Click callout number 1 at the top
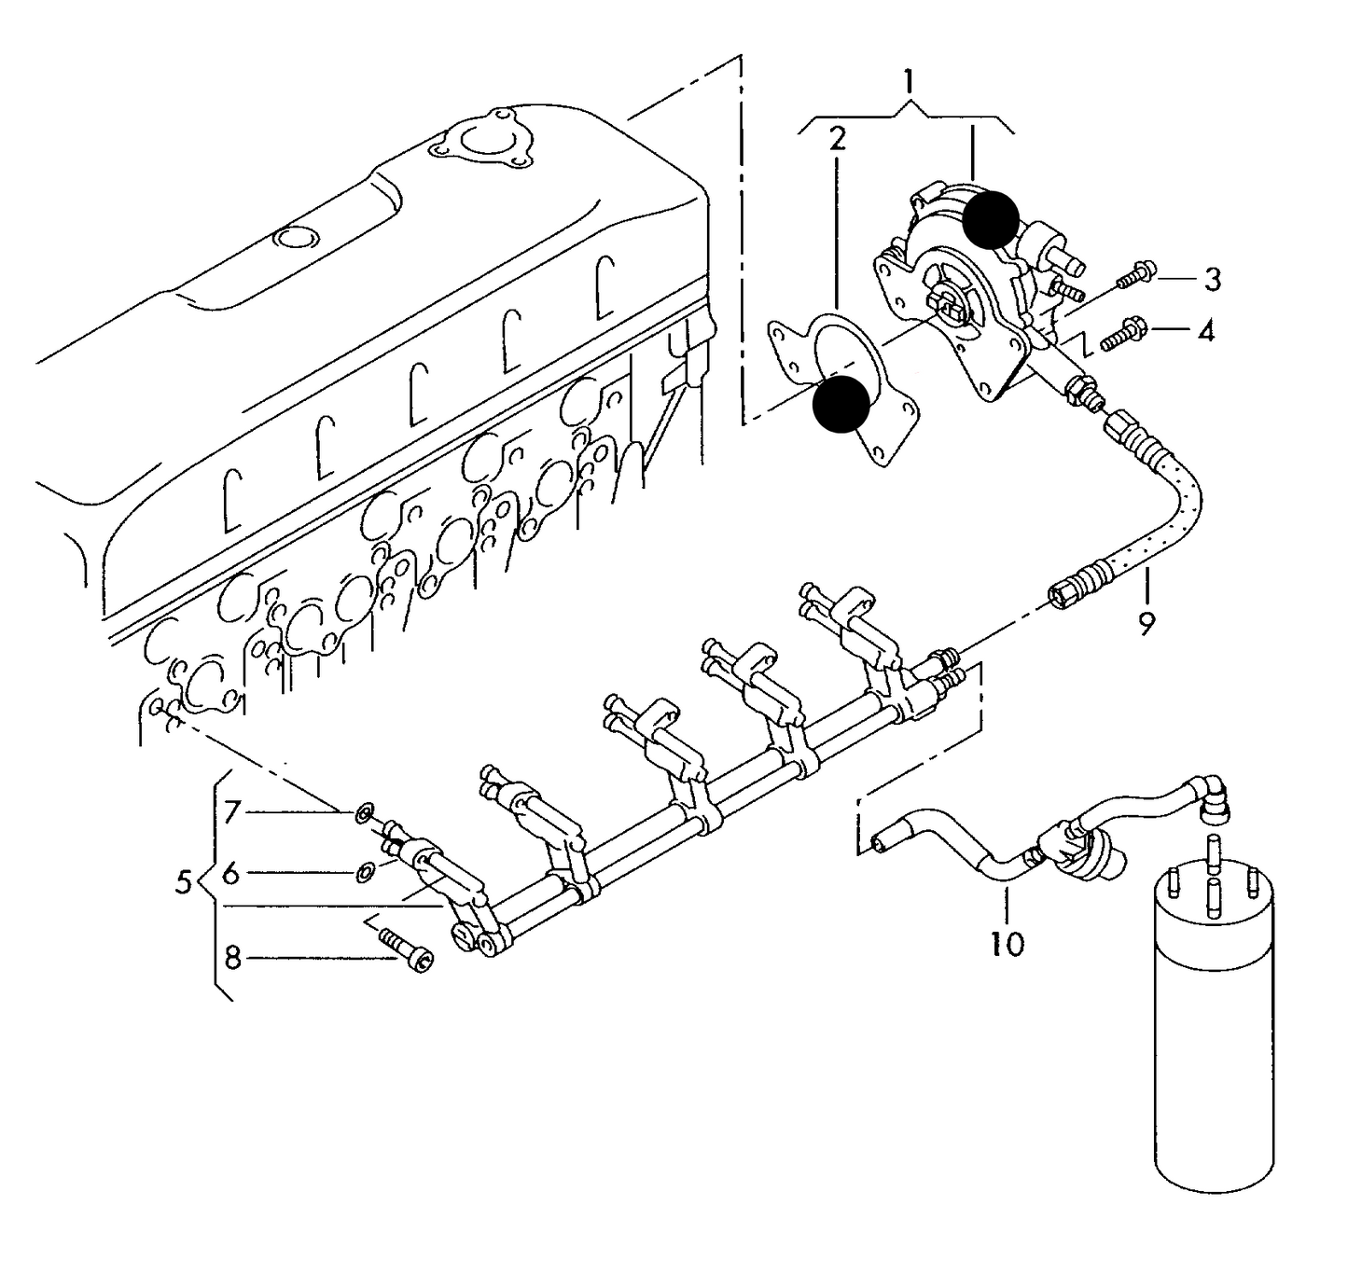click(x=908, y=81)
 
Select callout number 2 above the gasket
click(x=837, y=140)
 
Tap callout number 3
click(x=1212, y=278)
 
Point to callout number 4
click(x=1206, y=330)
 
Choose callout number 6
click(x=230, y=874)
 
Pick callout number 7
click(x=231, y=812)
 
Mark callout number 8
click(x=232, y=957)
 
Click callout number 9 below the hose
click(x=1146, y=622)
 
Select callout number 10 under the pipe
click(x=1008, y=944)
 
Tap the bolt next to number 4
click(x=1126, y=334)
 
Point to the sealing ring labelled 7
click(x=364, y=813)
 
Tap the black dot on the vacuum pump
click(x=991, y=220)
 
